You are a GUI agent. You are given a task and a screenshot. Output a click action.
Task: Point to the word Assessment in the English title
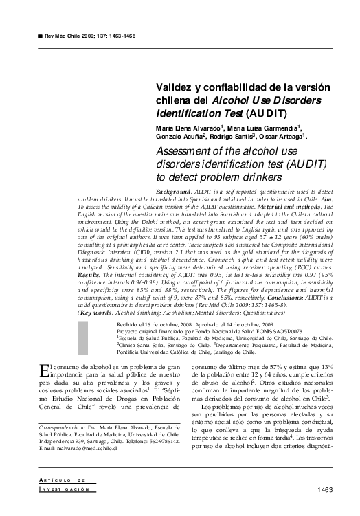(190, 152)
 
